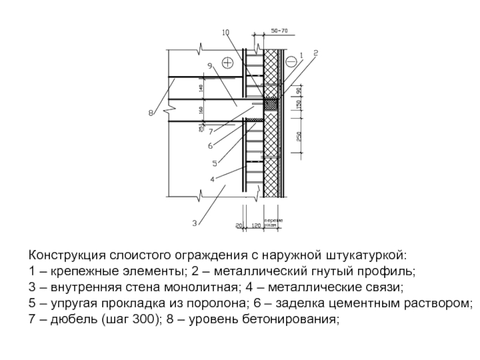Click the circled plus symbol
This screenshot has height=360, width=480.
pyautogui.click(x=227, y=62)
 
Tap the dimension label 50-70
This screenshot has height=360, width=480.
pyautogui.click(x=279, y=29)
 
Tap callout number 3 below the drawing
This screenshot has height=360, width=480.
pyautogui.click(x=194, y=223)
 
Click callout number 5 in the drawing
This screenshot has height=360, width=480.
pyautogui.click(x=214, y=163)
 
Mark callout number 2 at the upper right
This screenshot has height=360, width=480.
pyautogui.click(x=316, y=53)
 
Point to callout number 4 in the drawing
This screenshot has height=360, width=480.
pyautogui.click(x=212, y=179)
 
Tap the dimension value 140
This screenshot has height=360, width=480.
pyautogui.click(x=202, y=88)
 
